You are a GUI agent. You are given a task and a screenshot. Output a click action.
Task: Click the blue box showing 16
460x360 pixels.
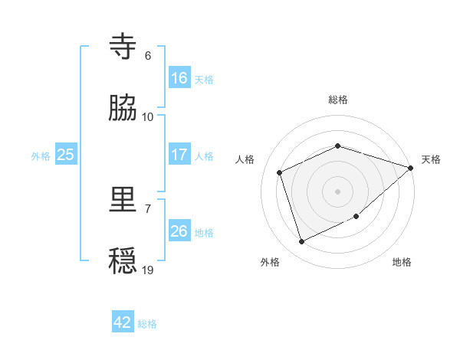pos(179,78)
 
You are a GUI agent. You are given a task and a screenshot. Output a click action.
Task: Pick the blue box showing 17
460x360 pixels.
pos(179,155)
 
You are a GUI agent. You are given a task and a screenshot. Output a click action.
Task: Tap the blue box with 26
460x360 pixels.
pos(179,231)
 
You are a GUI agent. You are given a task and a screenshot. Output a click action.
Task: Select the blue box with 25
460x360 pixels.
pos(65,155)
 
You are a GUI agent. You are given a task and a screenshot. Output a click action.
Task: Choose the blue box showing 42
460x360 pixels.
pos(122,322)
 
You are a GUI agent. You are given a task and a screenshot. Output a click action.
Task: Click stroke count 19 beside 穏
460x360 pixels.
pos(148,270)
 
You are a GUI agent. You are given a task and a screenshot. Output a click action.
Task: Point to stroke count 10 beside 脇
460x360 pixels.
pos(148,116)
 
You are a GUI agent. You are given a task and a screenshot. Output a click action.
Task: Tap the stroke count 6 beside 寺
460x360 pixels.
pos(148,55)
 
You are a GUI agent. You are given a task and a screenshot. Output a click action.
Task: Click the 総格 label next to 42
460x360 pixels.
pos(147,324)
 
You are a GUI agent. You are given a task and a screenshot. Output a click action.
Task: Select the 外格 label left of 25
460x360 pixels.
pos(41,155)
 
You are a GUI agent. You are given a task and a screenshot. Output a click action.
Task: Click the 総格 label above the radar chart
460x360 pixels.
pos(338,100)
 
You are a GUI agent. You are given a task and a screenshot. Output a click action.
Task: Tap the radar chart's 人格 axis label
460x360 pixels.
pos(245,159)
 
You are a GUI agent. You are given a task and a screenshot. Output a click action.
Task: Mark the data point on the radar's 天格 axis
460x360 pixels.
pos(411,168)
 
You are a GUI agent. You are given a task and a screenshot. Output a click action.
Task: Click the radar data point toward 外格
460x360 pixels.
pos(302,242)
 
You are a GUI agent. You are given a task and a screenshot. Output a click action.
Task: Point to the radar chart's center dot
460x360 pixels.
pos(337,191)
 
